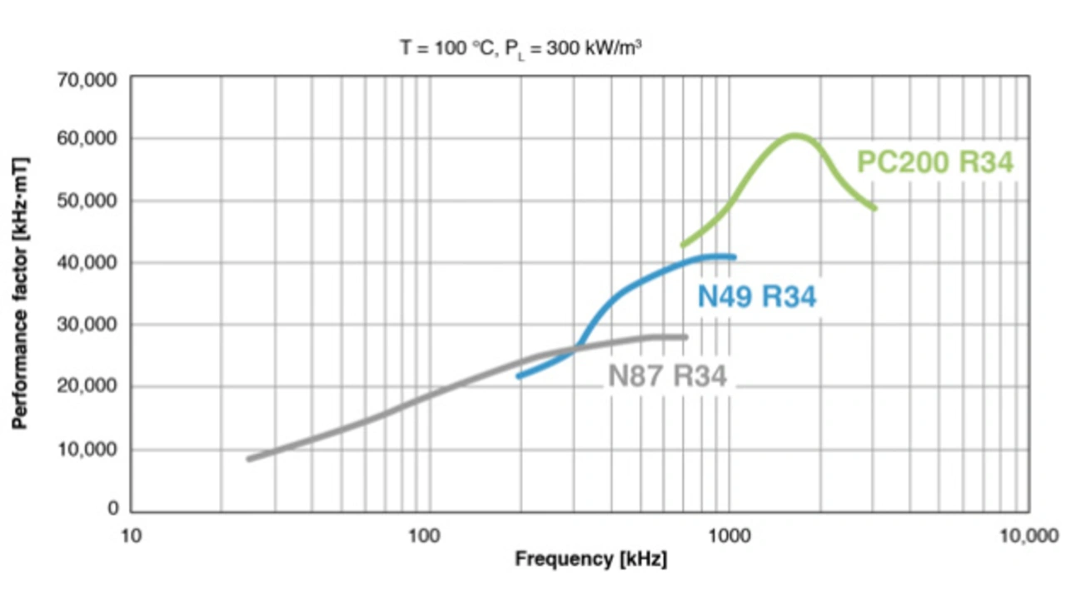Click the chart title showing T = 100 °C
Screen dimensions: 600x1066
coord(521,48)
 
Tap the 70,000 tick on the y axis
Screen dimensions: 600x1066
coord(87,80)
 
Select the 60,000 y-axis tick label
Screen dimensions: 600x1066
coord(87,138)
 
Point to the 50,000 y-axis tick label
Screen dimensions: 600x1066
coord(87,201)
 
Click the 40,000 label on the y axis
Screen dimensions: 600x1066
coord(87,263)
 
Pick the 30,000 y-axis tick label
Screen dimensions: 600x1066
coord(87,325)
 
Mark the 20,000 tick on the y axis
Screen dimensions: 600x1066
coord(87,386)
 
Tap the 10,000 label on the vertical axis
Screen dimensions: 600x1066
coord(87,449)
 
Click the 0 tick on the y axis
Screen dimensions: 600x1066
coord(113,508)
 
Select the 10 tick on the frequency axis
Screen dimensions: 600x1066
coord(132,534)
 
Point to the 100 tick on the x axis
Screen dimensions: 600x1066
coord(425,534)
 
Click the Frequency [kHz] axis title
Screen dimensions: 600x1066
coord(590,559)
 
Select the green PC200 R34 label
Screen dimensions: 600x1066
coord(935,162)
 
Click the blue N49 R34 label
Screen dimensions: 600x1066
coord(756,297)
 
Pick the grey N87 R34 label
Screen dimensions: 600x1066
coord(667,376)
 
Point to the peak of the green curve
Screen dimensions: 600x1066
coord(795,135)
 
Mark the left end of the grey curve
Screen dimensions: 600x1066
coord(248,459)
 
